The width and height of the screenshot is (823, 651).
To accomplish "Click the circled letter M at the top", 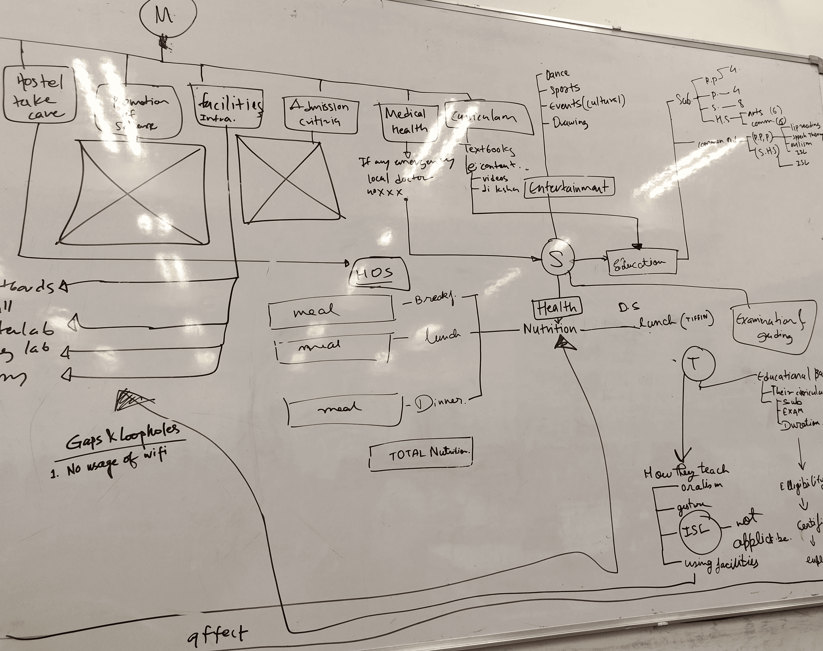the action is point(168,17).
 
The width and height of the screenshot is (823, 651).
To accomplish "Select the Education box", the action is point(641,262).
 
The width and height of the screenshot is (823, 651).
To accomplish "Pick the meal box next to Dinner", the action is point(345,410).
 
